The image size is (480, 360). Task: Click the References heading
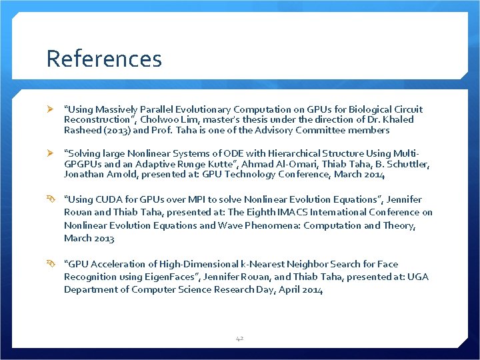coord(104,59)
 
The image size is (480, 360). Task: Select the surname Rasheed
coord(81,130)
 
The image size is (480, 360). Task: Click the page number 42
coord(239,339)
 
